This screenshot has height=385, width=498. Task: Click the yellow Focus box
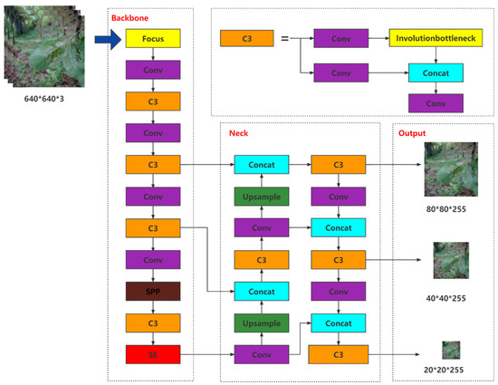coord(153,40)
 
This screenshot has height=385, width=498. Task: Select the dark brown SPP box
coord(153,291)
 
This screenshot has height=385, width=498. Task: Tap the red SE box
coord(153,353)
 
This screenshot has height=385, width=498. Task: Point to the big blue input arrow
coord(110,40)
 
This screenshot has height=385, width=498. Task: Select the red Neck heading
coord(237,133)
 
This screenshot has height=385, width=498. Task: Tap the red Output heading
coord(411,133)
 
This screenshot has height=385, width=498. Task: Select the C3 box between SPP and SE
coord(153,322)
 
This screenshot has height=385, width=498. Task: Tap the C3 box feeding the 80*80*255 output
coord(338,165)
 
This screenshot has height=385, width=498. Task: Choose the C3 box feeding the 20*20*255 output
coord(338,353)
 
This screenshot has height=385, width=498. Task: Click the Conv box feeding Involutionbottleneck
coord(340,40)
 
